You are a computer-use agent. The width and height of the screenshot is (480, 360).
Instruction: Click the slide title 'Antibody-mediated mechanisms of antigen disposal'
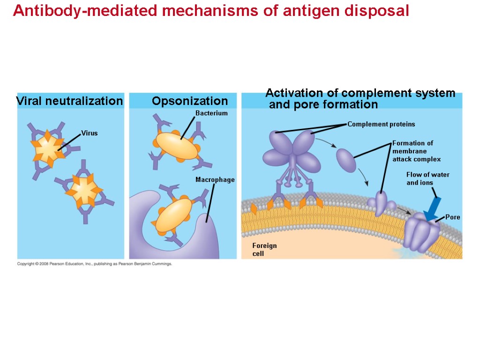211,11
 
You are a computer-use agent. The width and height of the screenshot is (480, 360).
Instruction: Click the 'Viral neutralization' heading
69,101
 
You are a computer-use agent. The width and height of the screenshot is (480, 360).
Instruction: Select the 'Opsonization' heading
189,101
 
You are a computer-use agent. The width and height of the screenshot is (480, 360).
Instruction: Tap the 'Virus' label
89,133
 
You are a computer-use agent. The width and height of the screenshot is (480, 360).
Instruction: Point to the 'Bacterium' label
211,113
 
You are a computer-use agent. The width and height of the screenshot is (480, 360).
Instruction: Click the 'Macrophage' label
215,180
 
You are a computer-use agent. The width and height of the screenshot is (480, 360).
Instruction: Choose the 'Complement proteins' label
381,124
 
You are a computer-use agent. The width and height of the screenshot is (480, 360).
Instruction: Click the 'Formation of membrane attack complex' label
416,151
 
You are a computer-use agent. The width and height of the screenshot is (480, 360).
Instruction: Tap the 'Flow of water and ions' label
427,179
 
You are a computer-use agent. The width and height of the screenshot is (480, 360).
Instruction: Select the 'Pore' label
452,217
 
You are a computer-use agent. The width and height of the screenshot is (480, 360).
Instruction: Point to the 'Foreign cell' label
264,249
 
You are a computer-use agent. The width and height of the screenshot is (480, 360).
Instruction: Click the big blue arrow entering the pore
433,208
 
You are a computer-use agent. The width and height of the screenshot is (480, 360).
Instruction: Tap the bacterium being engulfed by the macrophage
173,215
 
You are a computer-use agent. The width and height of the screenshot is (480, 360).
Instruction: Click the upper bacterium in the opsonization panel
177,146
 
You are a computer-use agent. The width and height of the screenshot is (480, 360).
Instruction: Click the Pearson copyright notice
95,264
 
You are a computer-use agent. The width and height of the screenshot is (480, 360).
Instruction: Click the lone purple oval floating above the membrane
347,160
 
